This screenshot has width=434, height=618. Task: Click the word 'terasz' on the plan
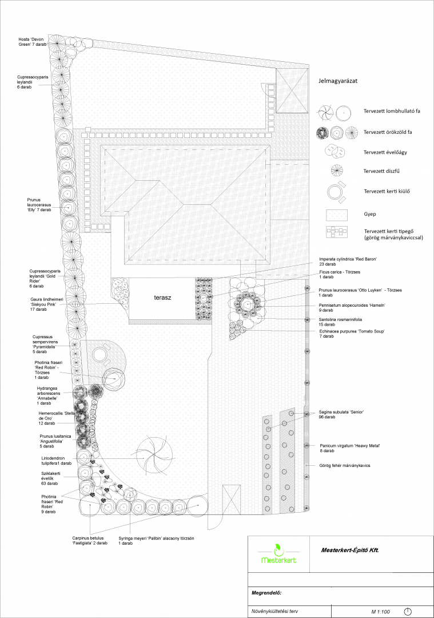point(162,298)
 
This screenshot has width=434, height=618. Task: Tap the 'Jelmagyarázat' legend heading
point(338,81)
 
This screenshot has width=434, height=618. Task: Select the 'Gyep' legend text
point(370,214)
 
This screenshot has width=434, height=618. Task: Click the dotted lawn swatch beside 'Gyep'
point(337,215)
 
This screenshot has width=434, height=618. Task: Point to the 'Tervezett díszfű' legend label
point(381,172)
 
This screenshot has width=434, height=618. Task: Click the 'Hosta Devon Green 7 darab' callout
point(32,42)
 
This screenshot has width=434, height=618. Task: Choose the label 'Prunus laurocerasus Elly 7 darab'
point(39,205)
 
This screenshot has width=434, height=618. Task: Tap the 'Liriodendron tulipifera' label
point(56,461)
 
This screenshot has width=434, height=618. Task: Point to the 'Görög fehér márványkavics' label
point(345,465)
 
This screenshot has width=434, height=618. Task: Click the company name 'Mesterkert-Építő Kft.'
point(350,550)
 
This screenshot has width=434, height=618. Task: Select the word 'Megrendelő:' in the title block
point(266,593)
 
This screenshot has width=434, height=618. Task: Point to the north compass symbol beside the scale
point(408,611)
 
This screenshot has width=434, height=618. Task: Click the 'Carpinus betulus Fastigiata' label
point(89,540)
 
